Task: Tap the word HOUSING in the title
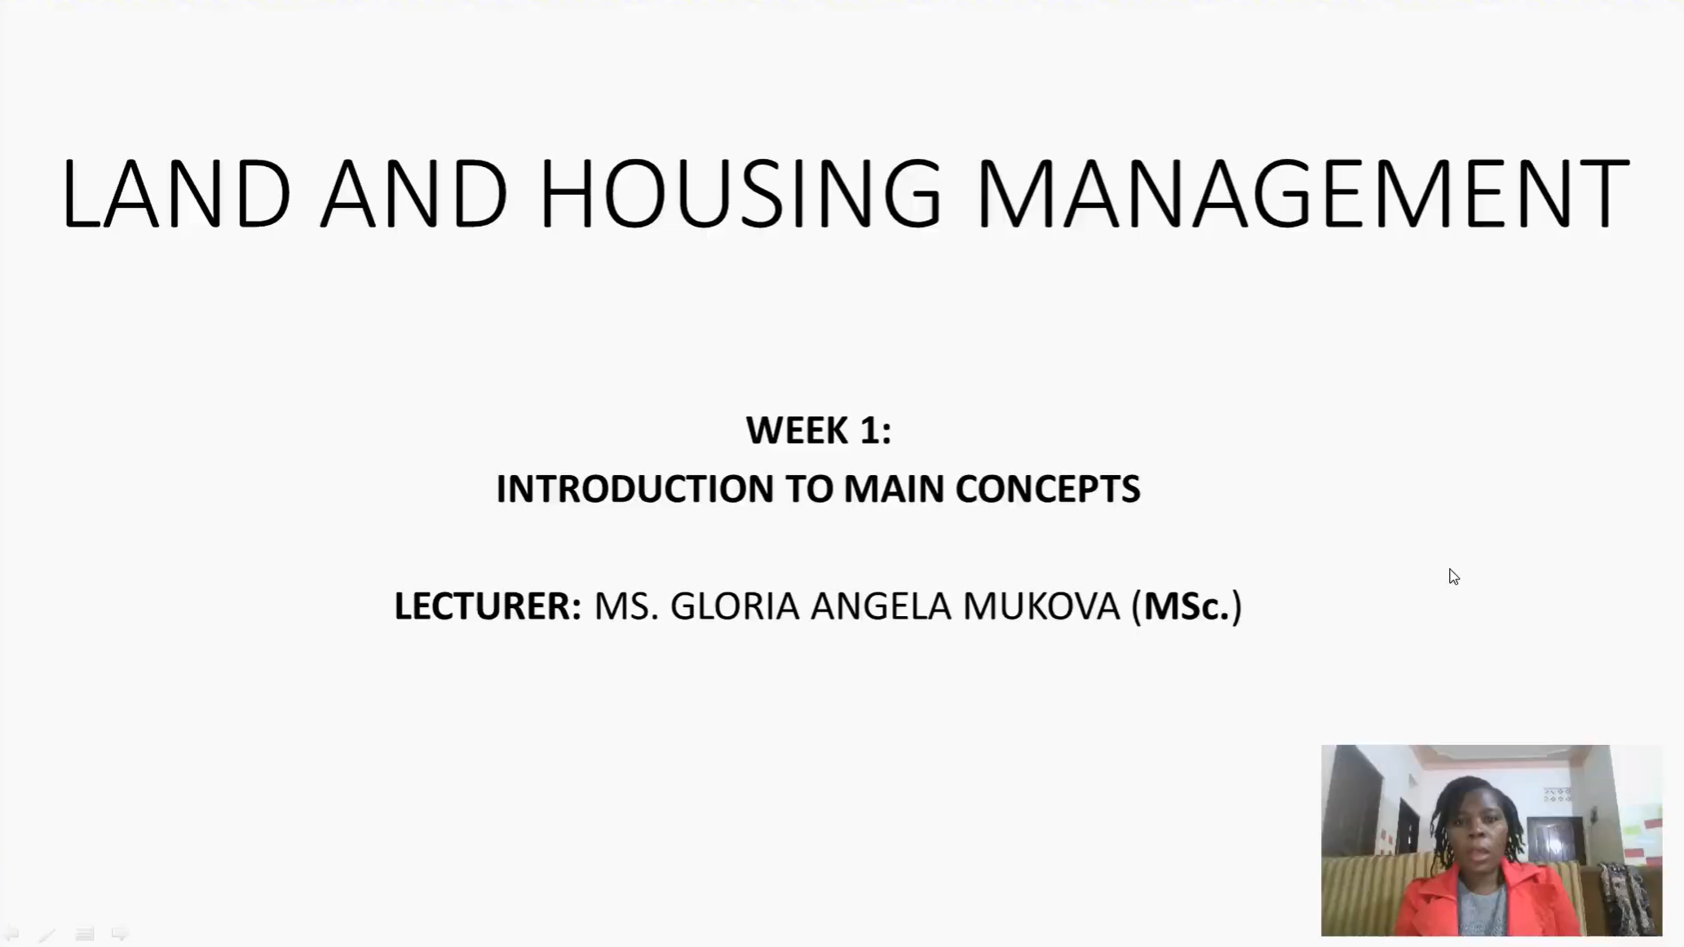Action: click(740, 194)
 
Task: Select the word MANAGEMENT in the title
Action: click(1302, 194)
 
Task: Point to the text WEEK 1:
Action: click(819, 430)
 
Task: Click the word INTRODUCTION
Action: click(635, 489)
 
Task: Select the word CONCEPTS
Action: click(1048, 489)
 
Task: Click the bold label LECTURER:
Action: click(488, 606)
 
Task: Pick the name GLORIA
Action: click(735, 606)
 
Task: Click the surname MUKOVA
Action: click(1042, 606)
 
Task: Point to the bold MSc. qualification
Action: click(1187, 606)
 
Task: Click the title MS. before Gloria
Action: click(626, 606)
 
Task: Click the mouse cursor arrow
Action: click(1454, 577)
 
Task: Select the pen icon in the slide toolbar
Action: click(46, 935)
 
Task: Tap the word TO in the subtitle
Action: click(809, 489)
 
